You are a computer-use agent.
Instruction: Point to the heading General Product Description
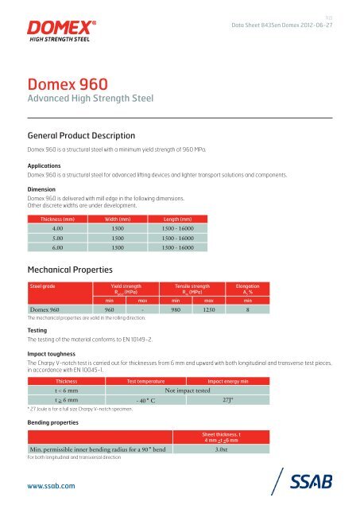[75, 136]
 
